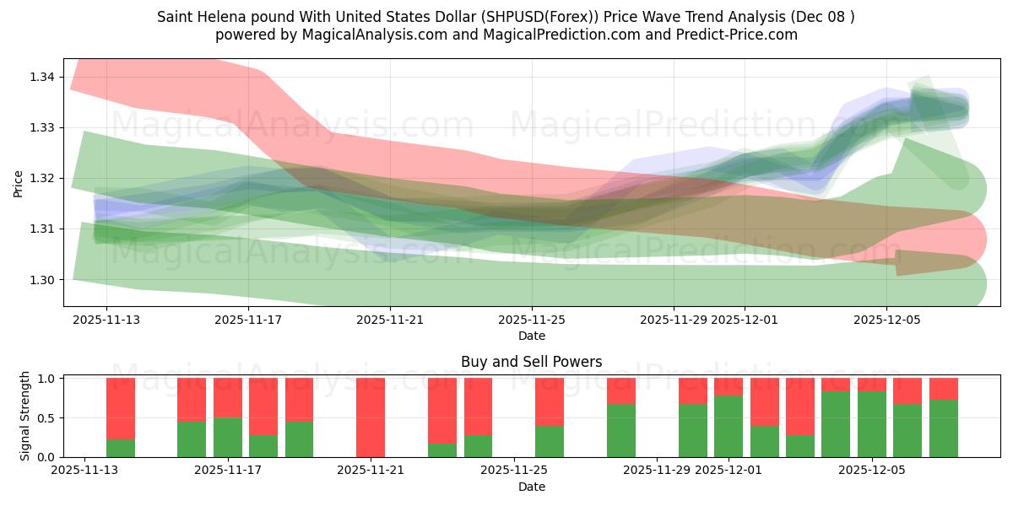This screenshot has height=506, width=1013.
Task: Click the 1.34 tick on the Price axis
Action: pyautogui.click(x=43, y=77)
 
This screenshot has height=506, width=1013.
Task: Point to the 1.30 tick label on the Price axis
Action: pyautogui.click(x=43, y=280)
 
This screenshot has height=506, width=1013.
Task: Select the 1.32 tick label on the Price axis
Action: pyautogui.click(x=43, y=179)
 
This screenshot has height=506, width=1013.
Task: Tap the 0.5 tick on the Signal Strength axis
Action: pyautogui.click(x=47, y=418)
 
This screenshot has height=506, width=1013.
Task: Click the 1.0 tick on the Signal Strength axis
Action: pyautogui.click(x=47, y=379)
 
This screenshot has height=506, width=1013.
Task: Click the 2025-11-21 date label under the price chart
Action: pyautogui.click(x=390, y=320)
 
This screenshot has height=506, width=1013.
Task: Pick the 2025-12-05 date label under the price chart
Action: pyautogui.click(x=886, y=320)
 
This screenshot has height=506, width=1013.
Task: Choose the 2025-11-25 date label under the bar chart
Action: pyautogui.click(x=514, y=471)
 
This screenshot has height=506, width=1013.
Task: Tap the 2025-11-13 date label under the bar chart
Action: pyautogui.click(x=85, y=471)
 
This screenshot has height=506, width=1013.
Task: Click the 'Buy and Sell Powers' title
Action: pyautogui.click(x=531, y=362)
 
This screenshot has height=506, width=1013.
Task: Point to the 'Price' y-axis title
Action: pyautogui.click(x=19, y=183)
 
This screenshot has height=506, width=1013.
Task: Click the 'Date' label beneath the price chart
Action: pyautogui.click(x=532, y=336)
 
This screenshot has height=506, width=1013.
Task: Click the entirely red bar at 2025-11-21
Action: pyautogui.click(x=371, y=417)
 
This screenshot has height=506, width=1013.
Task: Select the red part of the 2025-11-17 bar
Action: pyautogui.click(x=228, y=397)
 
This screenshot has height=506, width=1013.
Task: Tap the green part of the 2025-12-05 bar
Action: pyautogui.click(x=872, y=424)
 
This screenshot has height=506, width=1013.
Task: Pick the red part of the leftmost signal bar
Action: pyautogui.click(x=121, y=408)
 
